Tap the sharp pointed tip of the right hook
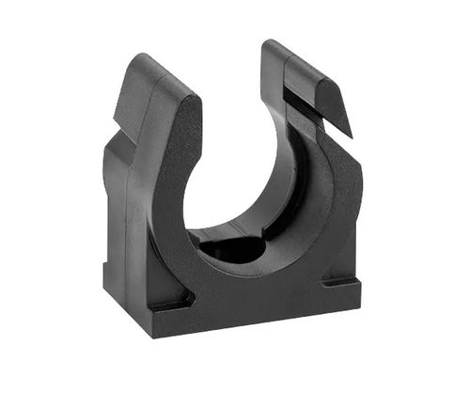click(x=352, y=133)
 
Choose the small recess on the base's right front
click(x=337, y=280)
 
